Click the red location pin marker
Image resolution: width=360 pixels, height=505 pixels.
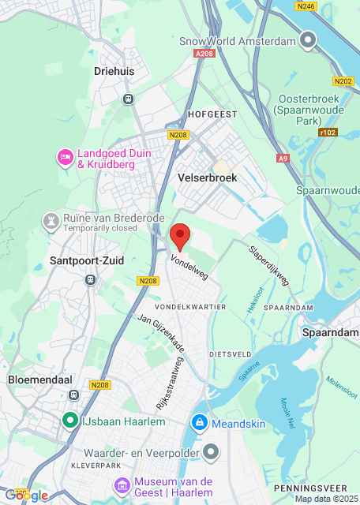(x=181, y=235)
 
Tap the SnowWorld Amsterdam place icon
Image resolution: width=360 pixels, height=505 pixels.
(x=308, y=40)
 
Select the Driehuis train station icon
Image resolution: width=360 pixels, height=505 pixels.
(x=127, y=99)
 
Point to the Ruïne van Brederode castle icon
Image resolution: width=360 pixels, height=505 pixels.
(x=51, y=218)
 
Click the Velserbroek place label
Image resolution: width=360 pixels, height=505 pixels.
(x=208, y=178)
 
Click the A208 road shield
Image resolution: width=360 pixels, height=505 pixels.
(x=204, y=54)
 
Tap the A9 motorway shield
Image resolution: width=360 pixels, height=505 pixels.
(x=283, y=159)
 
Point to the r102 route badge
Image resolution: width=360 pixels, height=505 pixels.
(x=328, y=133)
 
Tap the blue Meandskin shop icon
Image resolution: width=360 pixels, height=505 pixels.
(x=199, y=424)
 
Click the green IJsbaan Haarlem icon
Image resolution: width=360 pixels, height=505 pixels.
(x=69, y=421)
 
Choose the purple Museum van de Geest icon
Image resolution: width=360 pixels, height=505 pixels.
(x=121, y=484)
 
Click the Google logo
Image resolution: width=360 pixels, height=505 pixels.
(x=26, y=495)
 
